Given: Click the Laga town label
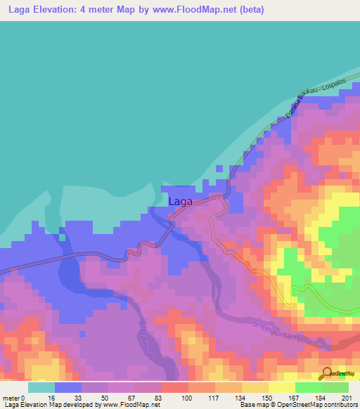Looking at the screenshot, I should [179, 201].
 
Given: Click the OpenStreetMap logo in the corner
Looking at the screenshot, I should [336, 373].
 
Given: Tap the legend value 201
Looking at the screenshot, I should [345, 397].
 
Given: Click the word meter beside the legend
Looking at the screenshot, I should [12, 397].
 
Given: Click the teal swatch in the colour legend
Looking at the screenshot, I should [41, 387].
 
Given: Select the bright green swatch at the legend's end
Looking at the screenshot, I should [335, 387].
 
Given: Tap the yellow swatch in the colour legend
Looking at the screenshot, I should [282, 387].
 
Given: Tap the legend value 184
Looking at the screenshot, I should [319, 397].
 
